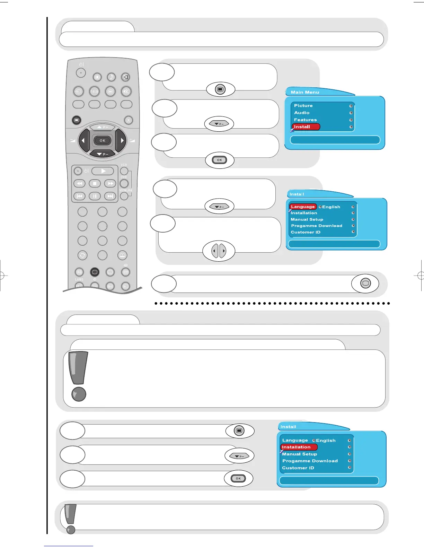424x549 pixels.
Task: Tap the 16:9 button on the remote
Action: pos(94,91)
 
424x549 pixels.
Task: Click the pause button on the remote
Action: pos(95,196)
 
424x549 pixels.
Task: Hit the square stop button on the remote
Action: pos(95,183)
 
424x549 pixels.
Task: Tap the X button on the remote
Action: pos(128,120)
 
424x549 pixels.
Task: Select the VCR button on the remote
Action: pos(124,171)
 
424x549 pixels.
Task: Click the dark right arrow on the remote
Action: pos(121,140)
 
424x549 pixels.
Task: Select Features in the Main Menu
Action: pos(305,120)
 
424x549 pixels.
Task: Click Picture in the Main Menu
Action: pos(303,106)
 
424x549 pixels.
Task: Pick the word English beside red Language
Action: pos(331,207)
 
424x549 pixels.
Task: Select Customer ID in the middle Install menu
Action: pos(306,232)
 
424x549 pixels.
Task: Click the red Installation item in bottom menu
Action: pos(298,447)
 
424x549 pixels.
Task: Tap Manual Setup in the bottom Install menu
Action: pos(300,454)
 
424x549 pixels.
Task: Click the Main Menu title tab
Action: pos(305,92)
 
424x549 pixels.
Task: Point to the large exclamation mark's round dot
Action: pos(79,394)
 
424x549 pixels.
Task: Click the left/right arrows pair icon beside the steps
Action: pos(219,251)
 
